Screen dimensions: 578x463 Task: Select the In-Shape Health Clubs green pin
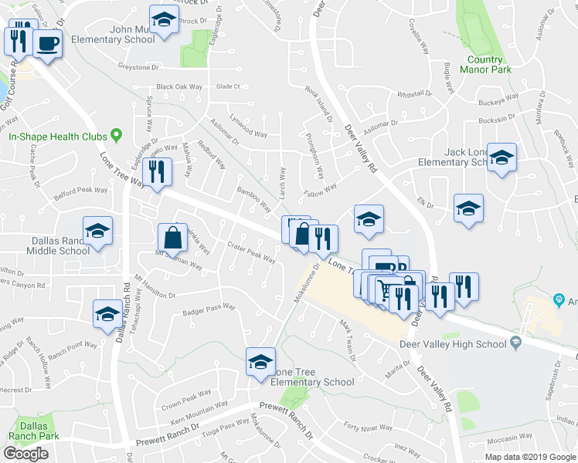tap(117, 136)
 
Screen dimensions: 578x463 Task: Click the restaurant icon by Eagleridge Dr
tap(157, 171)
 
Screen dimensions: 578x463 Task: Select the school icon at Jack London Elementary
tap(502, 160)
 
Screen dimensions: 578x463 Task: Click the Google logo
tap(26, 453)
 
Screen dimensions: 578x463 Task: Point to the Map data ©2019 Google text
tap(529, 456)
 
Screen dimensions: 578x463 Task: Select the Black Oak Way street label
tap(182, 87)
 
